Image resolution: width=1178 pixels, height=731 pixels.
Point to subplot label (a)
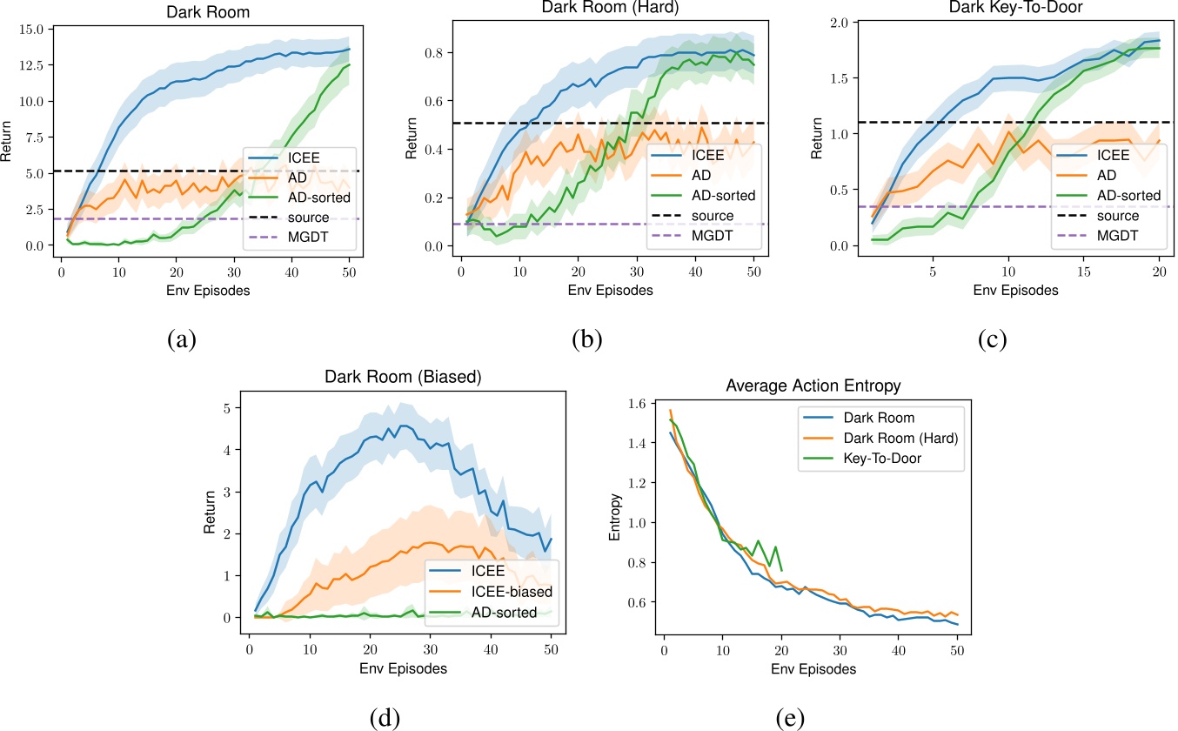[181, 340]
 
